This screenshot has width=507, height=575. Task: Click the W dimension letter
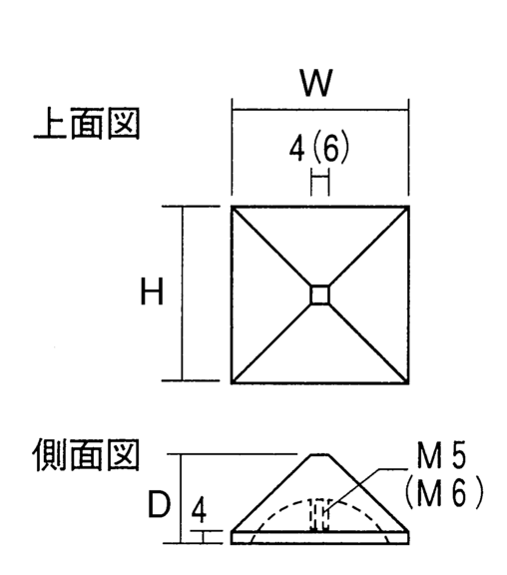point(316,83)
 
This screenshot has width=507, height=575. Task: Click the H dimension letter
point(152,291)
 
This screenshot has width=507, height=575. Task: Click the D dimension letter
point(159,504)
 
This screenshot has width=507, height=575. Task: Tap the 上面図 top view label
point(87,123)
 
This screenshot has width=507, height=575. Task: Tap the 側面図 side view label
point(87,455)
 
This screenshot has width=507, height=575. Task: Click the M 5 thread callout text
point(441,455)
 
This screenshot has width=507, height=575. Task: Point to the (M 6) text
point(444,493)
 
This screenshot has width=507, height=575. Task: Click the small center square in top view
point(320,294)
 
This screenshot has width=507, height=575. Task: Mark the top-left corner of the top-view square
point(232,207)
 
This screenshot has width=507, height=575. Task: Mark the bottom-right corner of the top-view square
point(408,383)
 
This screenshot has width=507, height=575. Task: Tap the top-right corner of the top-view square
point(408,207)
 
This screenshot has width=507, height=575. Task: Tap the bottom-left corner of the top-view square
point(232,383)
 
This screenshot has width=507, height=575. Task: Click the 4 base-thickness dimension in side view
point(199,510)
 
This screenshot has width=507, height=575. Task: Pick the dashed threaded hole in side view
point(318,514)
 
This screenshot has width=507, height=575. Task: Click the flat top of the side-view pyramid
point(319,455)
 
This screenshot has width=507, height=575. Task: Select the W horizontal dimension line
point(320,110)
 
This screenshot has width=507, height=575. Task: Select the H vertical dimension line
point(182,293)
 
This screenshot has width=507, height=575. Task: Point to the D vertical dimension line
point(180,498)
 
